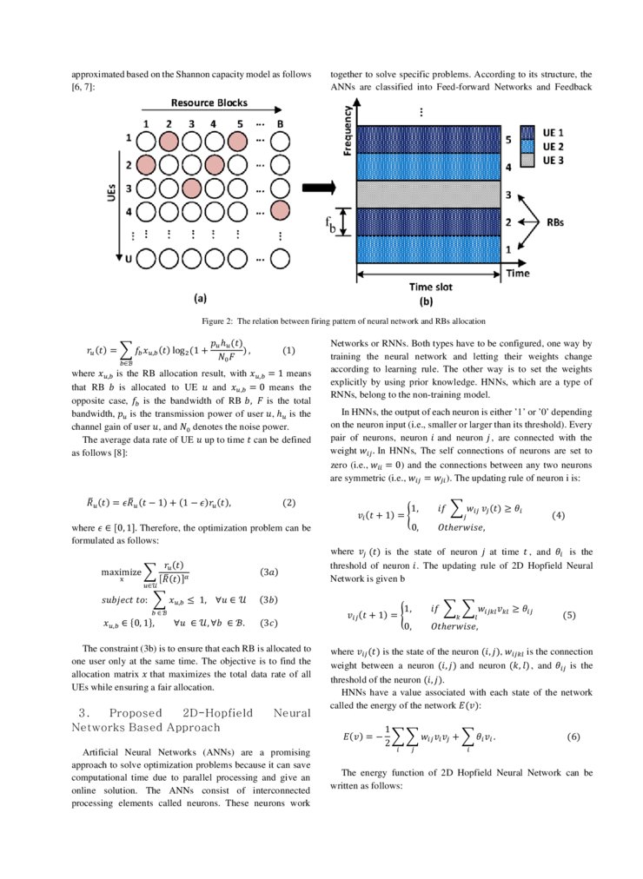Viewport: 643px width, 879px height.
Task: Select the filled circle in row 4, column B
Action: pos(280,209)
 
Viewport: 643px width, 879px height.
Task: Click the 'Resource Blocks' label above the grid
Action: pos(209,102)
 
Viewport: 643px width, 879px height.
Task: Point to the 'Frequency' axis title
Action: pos(348,130)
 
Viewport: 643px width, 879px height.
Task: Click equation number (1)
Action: pos(289,351)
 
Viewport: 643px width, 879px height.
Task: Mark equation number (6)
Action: pos(573,736)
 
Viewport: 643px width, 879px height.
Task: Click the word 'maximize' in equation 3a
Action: pos(121,572)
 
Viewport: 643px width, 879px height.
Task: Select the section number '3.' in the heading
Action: pos(86,713)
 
